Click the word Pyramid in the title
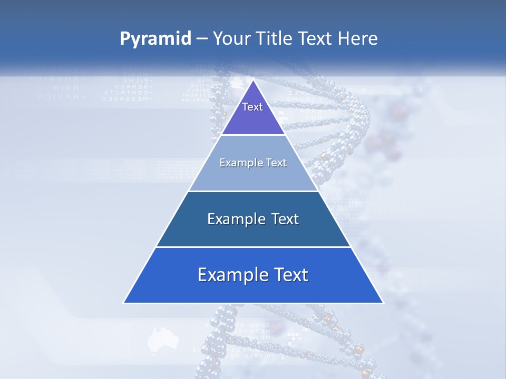click(155, 39)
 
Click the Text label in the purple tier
click(252, 107)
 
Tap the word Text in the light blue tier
click(277, 163)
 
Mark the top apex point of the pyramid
click(253, 80)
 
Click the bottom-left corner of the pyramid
click(124, 303)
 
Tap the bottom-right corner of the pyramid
click(383, 303)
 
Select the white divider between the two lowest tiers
click(253, 247)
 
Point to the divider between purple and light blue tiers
click(253, 135)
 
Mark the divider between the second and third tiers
click(253, 191)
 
